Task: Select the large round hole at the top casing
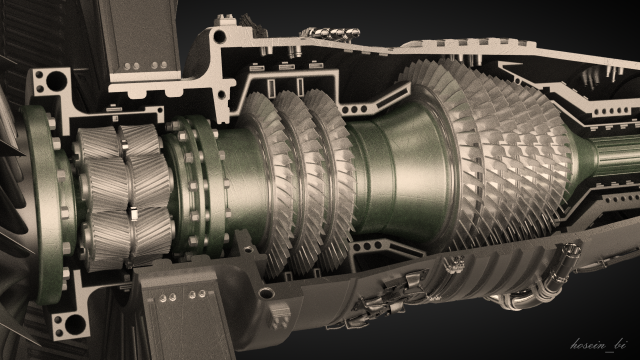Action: (x=219, y=37)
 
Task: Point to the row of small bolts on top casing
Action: (x=331, y=35)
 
